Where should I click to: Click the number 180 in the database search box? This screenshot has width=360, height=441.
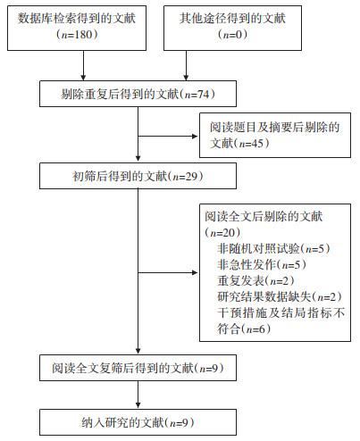[x=83, y=35]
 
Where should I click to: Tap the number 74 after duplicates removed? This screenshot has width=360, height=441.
[x=204, y=95]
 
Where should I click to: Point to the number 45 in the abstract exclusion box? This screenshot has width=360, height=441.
[x=257, y=144]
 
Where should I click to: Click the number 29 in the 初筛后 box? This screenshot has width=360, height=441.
[x=192, y=177]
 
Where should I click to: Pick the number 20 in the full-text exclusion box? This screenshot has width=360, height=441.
[x=229, y=233]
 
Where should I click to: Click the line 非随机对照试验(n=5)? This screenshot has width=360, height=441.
[x=273, y=248]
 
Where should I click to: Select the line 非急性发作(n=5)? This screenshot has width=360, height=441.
[x=262, y=264]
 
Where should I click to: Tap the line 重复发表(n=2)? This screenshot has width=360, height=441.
[x=255, y=280]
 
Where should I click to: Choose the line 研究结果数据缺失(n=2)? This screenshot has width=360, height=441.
[x=280, y=296]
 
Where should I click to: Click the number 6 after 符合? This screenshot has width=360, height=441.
[x=262, y=329]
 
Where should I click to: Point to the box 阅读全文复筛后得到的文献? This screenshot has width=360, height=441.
[x=138, y=368]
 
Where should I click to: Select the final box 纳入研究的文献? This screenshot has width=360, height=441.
[x=138, y=422]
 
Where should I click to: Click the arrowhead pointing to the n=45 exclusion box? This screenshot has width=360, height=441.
[x=195, y=137]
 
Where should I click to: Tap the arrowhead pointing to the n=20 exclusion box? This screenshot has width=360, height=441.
[x=195, y=272]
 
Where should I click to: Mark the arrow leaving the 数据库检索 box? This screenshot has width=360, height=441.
[x=83, y=65]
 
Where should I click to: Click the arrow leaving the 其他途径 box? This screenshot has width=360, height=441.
[x=186, y=65]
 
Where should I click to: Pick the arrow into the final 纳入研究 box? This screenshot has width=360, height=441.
[x=138, y=395]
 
